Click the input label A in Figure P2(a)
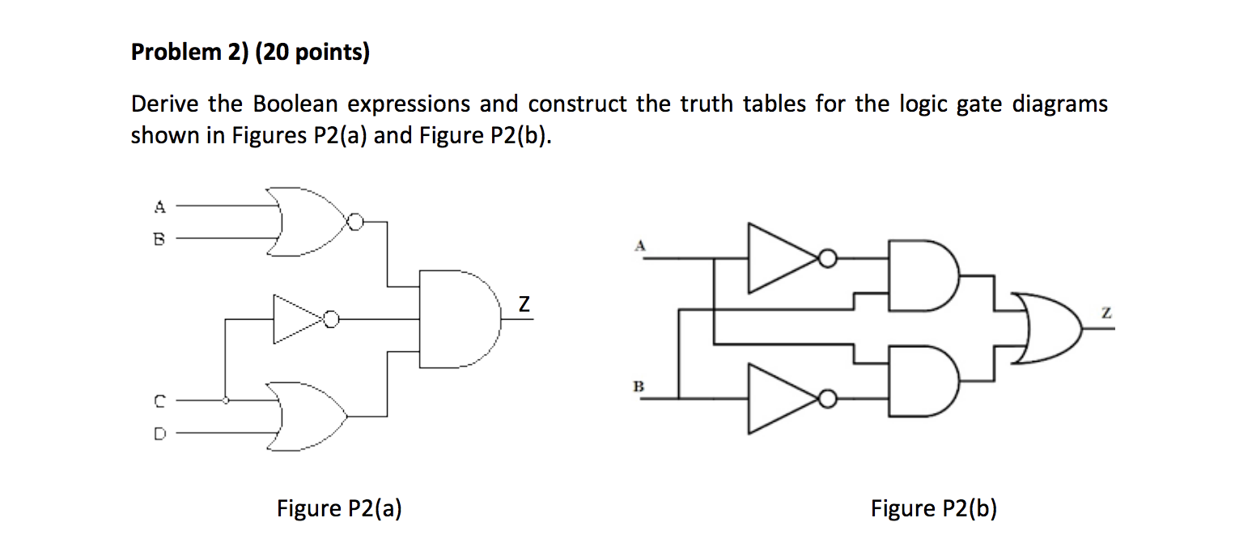160,207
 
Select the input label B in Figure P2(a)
160,239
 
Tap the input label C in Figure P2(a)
160,400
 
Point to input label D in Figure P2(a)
160,434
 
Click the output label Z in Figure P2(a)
524,305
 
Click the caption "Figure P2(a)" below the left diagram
339,508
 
